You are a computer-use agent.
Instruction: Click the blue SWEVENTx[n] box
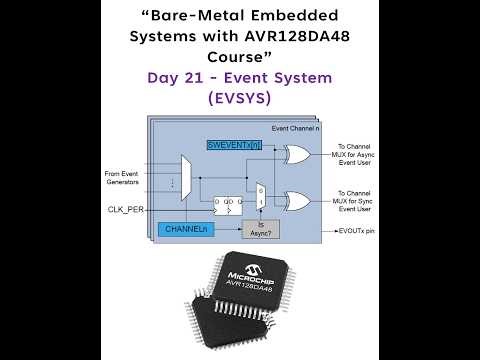(234, 145)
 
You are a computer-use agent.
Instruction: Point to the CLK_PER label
(127, 209)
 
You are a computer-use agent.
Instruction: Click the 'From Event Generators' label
(124, 177)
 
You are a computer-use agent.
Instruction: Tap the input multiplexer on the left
(183, 176)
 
